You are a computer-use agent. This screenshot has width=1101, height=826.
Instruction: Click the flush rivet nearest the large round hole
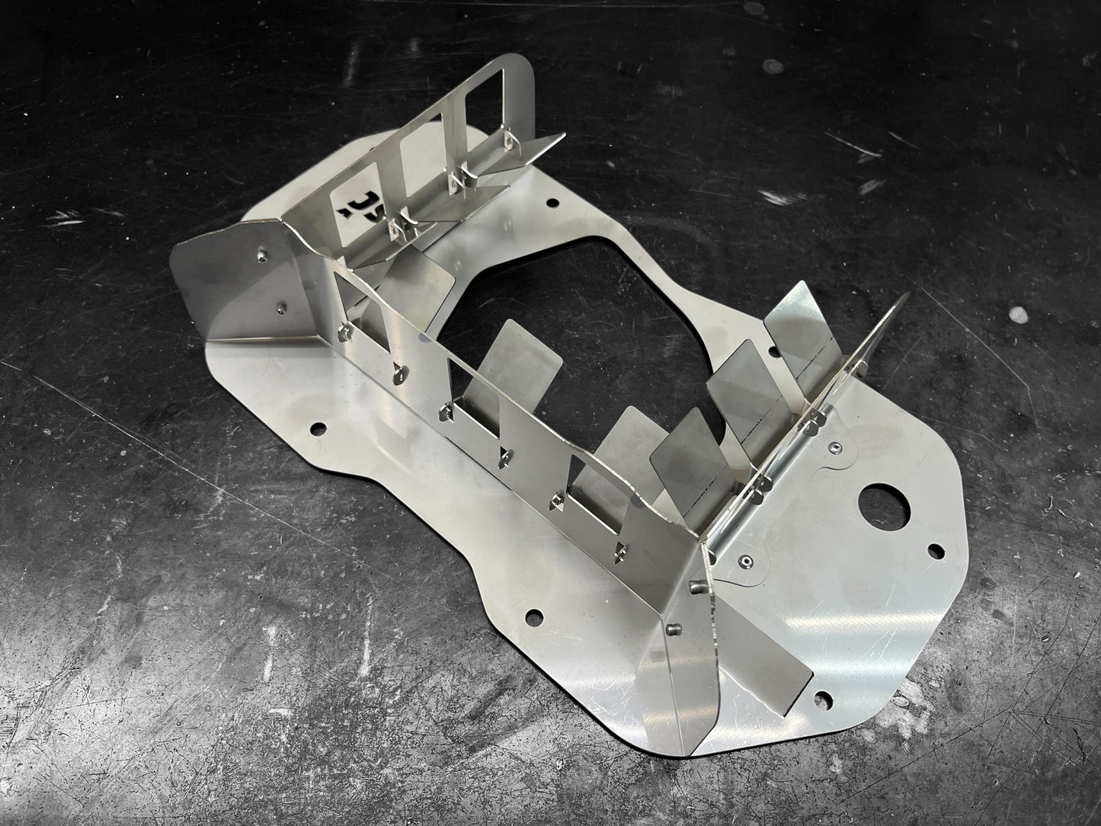pyautogui.click(x=836, y=448)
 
